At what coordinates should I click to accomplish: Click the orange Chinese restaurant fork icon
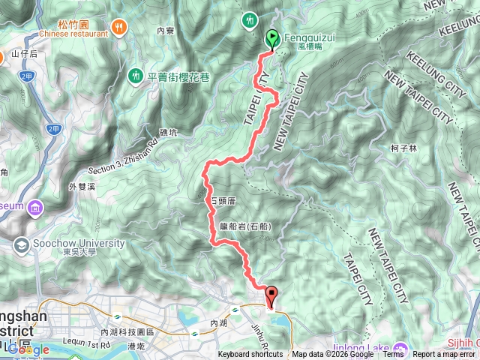click(x=119, y=27)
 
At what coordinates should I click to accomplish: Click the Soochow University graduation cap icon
click(x=22, y=244)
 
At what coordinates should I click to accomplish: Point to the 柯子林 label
click(x=404, y=150)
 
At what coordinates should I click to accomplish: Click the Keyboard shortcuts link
click(x=250, y=355)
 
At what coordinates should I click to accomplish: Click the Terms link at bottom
click(x=393, y=355)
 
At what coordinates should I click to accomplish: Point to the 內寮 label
click(x=166, y=31)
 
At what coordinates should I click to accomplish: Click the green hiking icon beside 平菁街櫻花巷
click(x=136, y=75)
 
